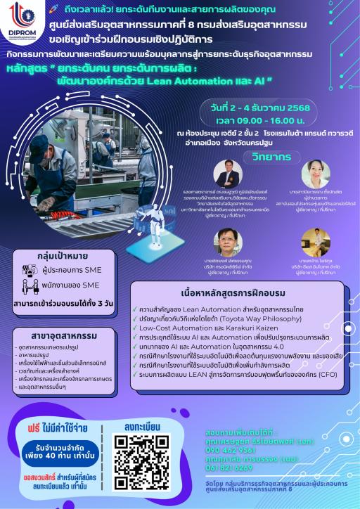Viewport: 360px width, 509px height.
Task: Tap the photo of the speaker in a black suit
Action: click(x=229, y=174)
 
